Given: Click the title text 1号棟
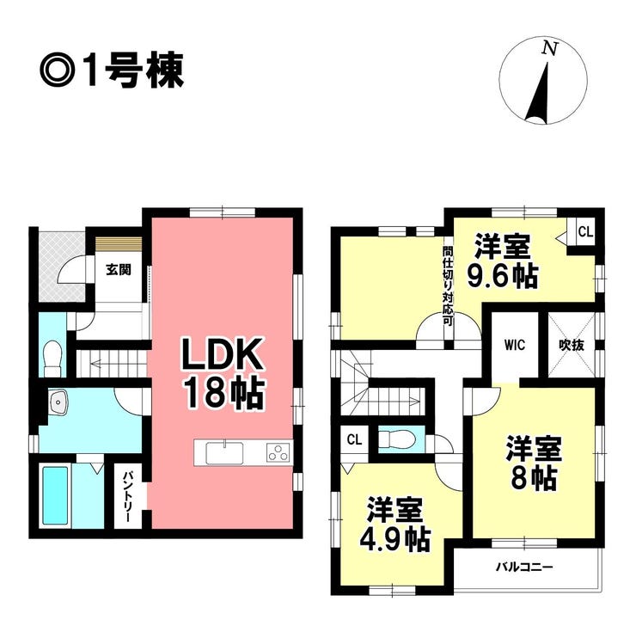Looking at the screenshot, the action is (x=134, y=71).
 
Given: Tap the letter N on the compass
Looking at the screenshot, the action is (x=549, y=49).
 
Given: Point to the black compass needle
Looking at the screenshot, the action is (x=541, y=93).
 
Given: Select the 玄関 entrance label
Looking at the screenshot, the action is (x=119, y=270).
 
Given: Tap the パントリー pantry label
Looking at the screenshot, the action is (x=128, y=496).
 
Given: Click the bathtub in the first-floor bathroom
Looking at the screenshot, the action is (x=56, y=496).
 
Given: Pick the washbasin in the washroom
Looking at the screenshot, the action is (x=58, y=402).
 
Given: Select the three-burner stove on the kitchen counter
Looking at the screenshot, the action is (x=278, y=453).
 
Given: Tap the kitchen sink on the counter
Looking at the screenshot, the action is (x=224, y=453).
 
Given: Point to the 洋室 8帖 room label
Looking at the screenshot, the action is (x=533, y=463).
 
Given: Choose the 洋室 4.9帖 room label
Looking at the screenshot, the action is (x=395, y=524).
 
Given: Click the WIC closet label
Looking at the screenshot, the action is (x=515, y=346).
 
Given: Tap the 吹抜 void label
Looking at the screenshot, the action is (x=572, y=346).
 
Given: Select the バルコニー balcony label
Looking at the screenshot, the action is (x=525, y=567).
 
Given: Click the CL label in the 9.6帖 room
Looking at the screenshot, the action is (x=585, y=231).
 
